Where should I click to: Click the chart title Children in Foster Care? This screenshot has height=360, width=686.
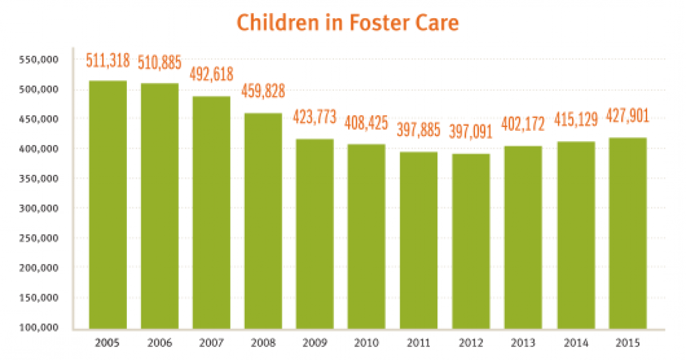coord(348,23)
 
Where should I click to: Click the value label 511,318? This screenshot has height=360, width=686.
coord(108,60)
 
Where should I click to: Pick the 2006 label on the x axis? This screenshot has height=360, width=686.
coord(159,343)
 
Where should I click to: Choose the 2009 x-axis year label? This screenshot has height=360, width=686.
coord(315,343)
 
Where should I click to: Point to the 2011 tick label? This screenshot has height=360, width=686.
coord(419,343)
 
